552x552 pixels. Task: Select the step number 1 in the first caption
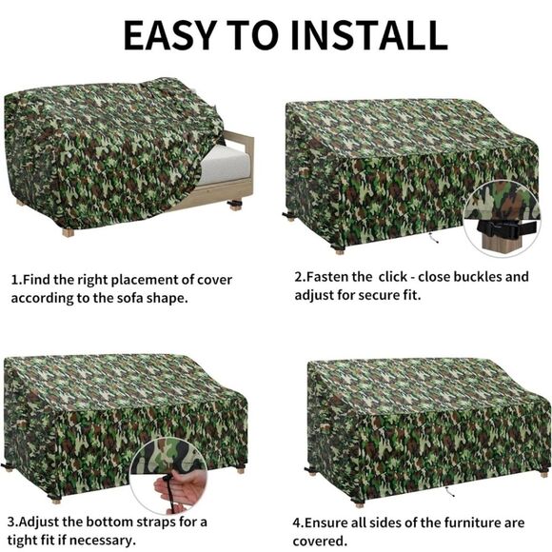coord(14,280)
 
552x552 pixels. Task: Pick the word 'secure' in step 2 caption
coord(365,295)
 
